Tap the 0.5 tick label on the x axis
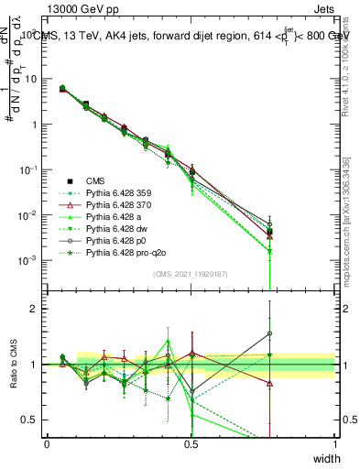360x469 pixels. pyautogui.click(x=191, y=444)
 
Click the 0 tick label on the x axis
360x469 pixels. pyautogui.click(x=47, y=444)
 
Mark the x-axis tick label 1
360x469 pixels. pyautogui.click(x=334, y=444)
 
